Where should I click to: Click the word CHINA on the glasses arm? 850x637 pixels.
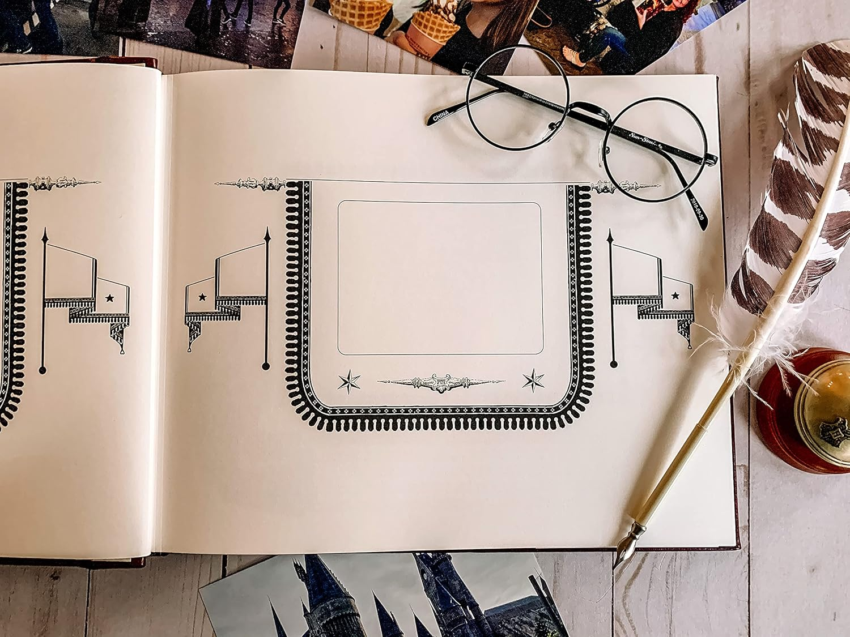click(x=440, y=117)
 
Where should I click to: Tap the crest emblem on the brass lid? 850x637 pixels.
click(x=834, y=430)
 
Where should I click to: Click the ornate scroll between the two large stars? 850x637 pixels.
click(x=441, y=382)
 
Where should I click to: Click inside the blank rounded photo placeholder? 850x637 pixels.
click(x=440, y=277)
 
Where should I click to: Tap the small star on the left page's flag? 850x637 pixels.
click(x=109, y=297)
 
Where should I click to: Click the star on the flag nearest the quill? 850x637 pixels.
click(x=675, y=295)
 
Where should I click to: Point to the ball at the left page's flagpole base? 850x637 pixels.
click(x=42, y=370)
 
